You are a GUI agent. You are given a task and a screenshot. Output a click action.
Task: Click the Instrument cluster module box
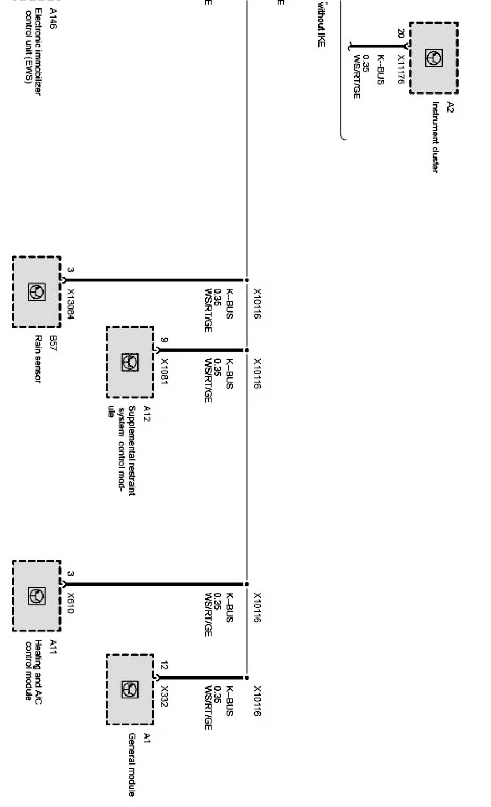(x=434, y=58)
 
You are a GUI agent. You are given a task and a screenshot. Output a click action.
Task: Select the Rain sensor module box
(x=36, y=291)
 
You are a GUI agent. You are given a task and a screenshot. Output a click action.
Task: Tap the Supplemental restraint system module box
(x=130, y=362)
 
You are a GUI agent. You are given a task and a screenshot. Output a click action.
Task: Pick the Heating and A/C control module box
(x=36, y=596)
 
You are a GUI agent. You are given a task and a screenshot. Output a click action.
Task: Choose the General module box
(x=130, y=689)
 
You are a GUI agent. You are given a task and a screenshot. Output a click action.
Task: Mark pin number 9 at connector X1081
(x=165, y=340)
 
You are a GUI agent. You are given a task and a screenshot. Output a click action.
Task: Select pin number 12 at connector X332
(x=165, y=665)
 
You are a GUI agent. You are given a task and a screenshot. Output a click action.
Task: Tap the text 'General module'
(x=132, y=765)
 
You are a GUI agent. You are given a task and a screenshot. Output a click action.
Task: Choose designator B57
(x=53, y=340)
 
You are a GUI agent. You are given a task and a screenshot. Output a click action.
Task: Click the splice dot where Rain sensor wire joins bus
(x=246, y=280)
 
